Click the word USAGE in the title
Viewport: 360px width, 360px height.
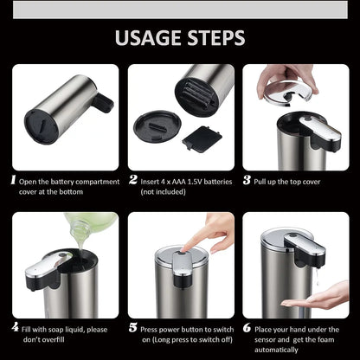(145, 38)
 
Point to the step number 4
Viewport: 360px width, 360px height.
(14, 327)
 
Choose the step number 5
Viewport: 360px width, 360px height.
(133, 327)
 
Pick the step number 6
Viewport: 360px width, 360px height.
(247, 327)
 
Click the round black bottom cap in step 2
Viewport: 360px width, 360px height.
(157, 127)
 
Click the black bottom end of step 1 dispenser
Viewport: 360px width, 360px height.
(41, 124)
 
